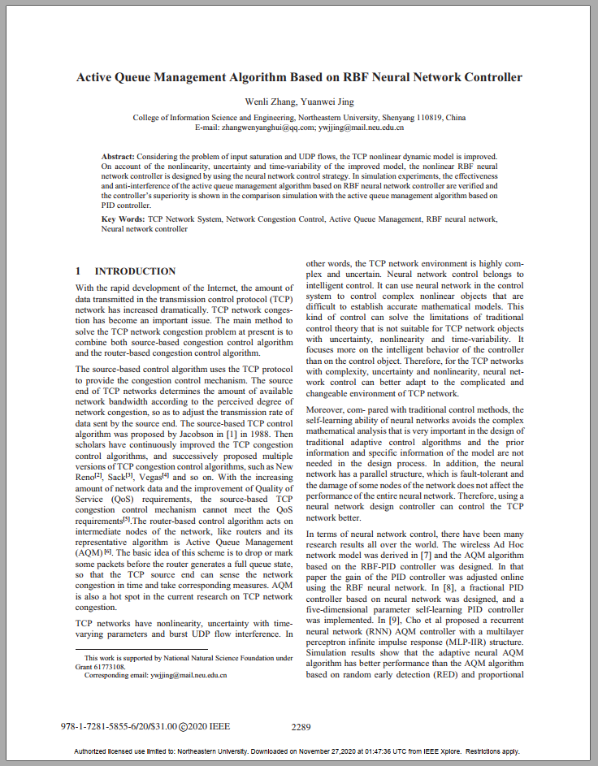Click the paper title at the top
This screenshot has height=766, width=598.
click(299, 78)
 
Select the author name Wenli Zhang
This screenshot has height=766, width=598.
click(266, 102)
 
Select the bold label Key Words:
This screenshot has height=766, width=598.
click(123, 219)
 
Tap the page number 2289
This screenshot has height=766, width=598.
click(301, 727)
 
